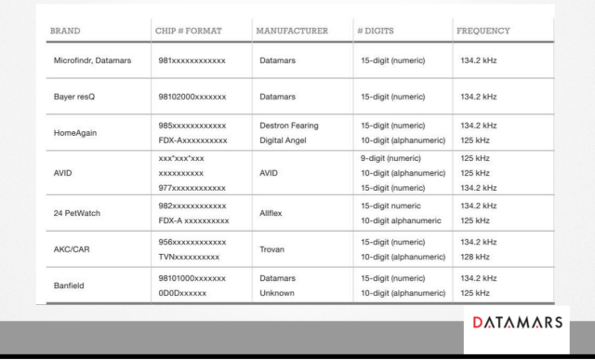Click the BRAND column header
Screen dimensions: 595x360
66,31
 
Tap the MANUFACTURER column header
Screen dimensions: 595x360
291,31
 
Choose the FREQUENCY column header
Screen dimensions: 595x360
483,31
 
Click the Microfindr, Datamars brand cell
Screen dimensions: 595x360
92,60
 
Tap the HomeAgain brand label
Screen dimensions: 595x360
75,132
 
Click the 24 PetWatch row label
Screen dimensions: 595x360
78,212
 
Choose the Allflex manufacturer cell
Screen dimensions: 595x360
276,212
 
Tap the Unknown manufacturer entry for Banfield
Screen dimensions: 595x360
280,293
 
